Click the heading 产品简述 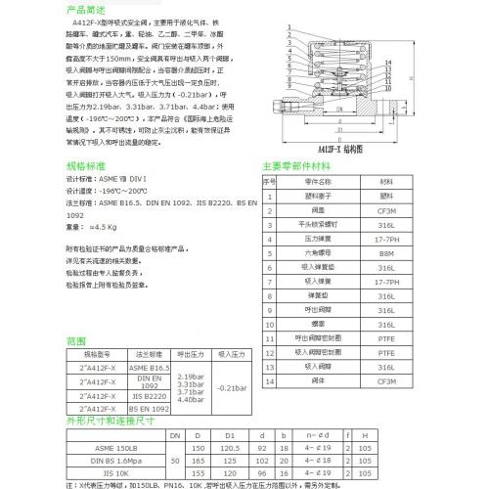click(x=85, y=8)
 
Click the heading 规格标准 click(x=85, y=166)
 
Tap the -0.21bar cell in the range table click(x=230, y=387)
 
